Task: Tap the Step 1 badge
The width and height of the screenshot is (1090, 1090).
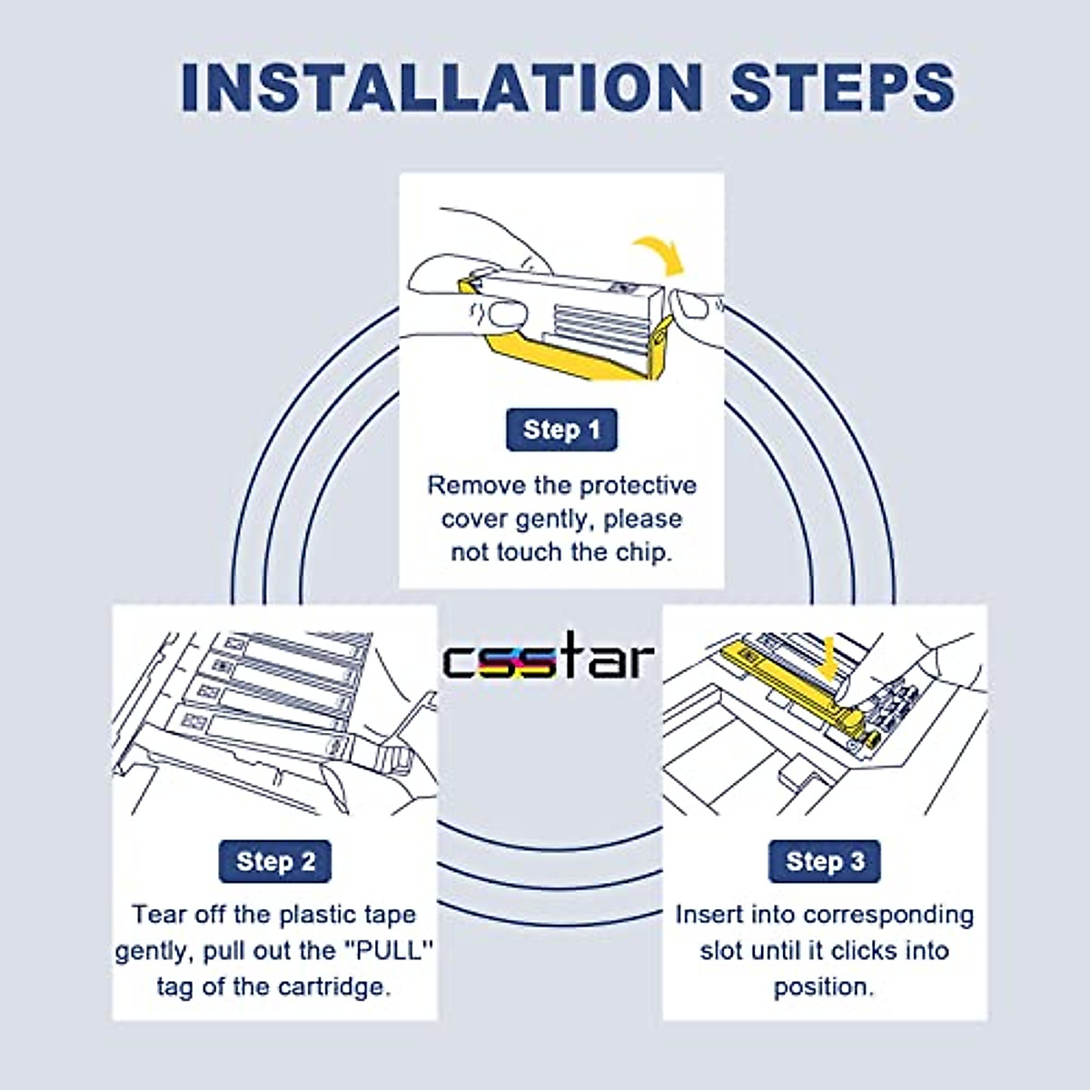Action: pos(561,430)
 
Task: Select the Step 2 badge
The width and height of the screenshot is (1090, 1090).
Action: pos(275,861)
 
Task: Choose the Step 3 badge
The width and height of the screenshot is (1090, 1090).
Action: pos(824,861)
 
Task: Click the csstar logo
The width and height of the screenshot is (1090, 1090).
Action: pos(549,656)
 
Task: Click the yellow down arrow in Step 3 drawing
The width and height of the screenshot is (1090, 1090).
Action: pos(828,658)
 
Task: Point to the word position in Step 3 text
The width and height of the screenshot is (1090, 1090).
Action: pos(824,987)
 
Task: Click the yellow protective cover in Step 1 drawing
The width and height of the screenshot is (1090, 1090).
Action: pos(566,355)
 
